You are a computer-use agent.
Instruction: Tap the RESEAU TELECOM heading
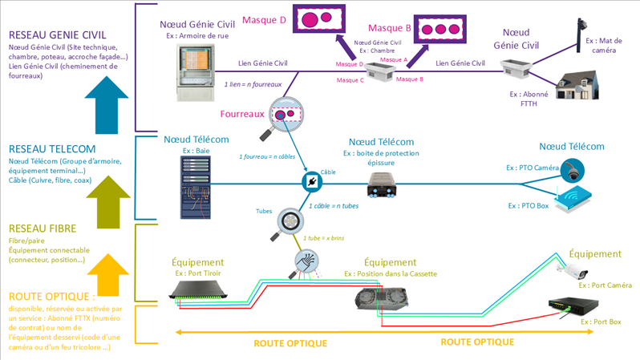52,149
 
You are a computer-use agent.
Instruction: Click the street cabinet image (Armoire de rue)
195,71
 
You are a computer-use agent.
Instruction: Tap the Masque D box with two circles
319,18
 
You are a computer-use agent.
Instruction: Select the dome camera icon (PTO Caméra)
573,170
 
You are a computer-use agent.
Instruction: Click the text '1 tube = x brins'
323,238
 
